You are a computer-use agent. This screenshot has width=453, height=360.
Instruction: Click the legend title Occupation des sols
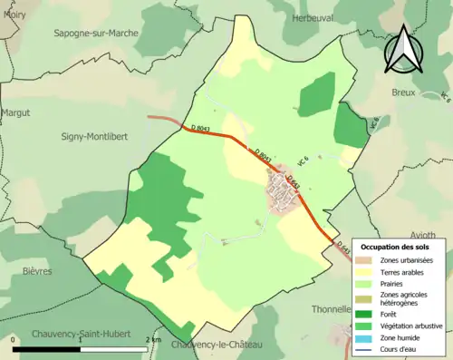[x=395, y=247]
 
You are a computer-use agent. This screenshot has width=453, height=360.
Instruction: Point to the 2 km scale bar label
[x=153, y=340]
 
